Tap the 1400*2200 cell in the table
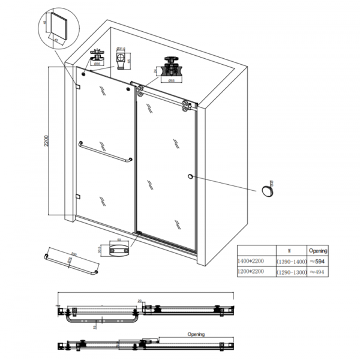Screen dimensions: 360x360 [254, 262]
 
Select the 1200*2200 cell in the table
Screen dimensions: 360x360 [254, 272]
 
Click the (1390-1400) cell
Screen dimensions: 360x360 [291, 262]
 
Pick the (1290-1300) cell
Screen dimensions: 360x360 [291, 272]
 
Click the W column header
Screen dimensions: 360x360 [290, 250]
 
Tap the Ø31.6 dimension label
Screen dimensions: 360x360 [120, 49]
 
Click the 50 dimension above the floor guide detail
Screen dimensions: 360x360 [119, 239]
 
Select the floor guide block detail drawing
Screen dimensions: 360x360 [118, 250]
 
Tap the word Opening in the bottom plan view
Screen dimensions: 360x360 [196, 334]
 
